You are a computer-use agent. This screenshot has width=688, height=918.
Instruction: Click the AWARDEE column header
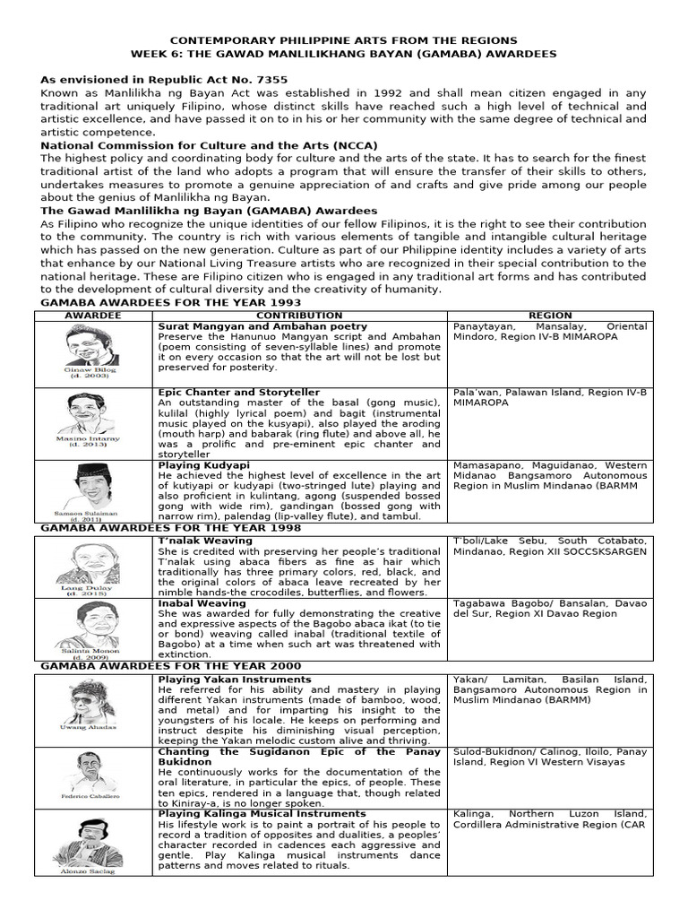(93, 316)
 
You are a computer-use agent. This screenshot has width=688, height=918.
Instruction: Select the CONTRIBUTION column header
(299, 316)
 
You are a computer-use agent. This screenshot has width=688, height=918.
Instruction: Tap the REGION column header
(550, 316)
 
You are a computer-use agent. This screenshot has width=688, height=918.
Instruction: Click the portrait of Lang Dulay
(94, 561)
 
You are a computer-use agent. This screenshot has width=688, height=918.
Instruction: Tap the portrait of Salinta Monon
(94, 624)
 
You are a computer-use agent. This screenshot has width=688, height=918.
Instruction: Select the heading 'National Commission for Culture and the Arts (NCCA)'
(209, 145)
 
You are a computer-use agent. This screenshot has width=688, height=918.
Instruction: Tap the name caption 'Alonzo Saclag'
(94, 870)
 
